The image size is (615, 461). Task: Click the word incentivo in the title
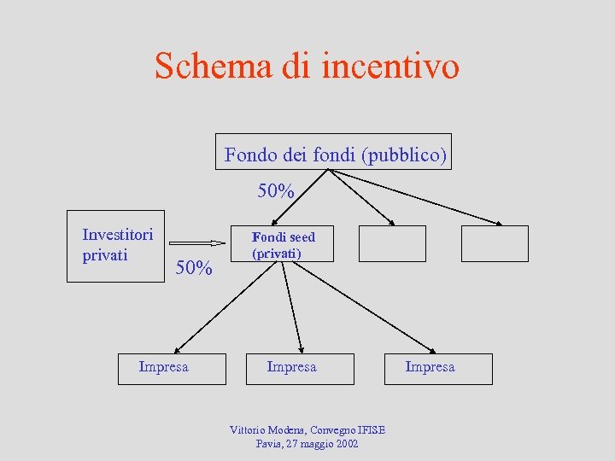(x=390, y=66)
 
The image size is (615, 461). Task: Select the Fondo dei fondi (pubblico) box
(x=333, y=152)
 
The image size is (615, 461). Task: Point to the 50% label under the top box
(x=276, y=191)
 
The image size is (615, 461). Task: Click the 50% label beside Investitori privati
(x=193, y=268)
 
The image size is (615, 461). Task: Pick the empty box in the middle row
(x=391, y=243)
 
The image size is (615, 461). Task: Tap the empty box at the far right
(x=495, y=243)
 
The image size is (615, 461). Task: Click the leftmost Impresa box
(x=172, y=369)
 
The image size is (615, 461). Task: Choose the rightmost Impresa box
(x=438, y=369)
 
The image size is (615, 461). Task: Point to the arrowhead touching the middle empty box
(x=391, y=223)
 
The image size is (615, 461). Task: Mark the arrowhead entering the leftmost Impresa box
(x=176, y=350)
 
